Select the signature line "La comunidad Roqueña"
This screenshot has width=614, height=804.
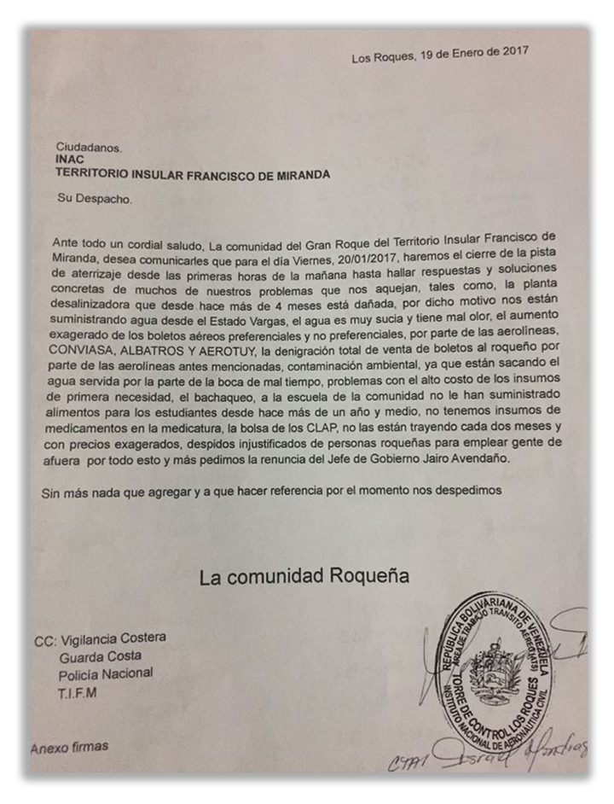coord(304,577)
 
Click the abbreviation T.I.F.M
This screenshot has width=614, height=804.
coord(78,693)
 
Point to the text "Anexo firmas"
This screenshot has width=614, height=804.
coord(71,746)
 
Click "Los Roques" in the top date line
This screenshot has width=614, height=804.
coord(380,56)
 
